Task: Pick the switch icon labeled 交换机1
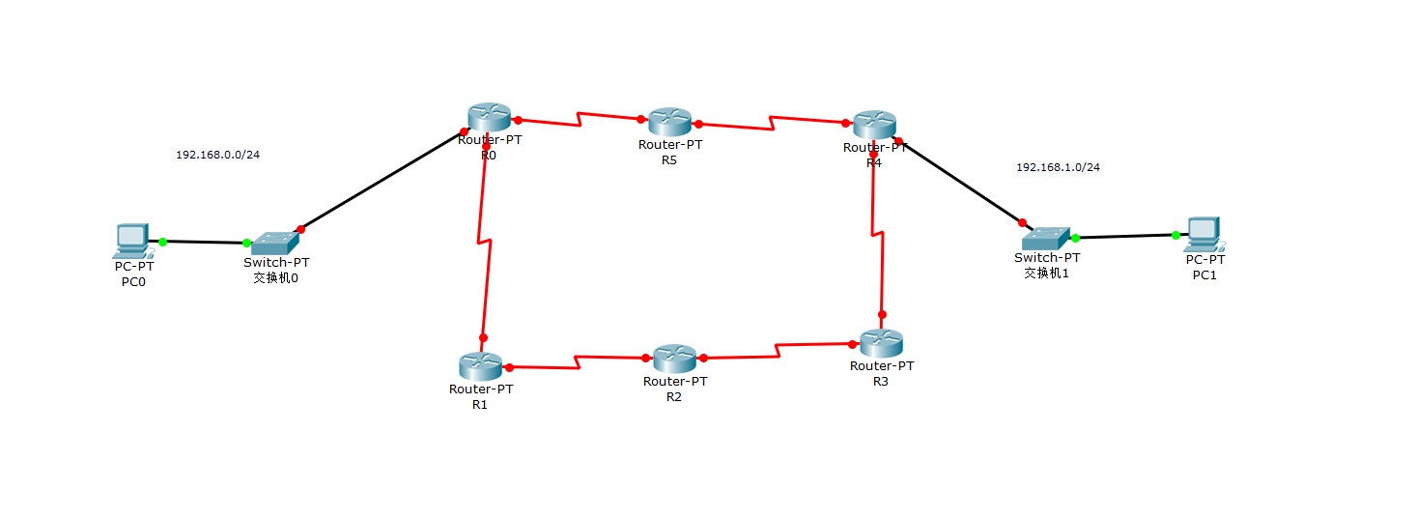(x=1047, y=236)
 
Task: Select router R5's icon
(x=669, y=122)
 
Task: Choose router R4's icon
(x=874, y=125)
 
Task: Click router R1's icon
(x=480, y=365)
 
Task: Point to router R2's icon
(x=674, y=359)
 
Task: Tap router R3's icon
(x=881, y=343)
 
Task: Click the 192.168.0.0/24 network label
(x=217, y=155)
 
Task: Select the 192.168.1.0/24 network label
(x=1058, y=167)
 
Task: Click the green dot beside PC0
(x=162, y=242)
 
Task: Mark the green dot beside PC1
(x=1175, y=235)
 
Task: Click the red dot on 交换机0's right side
(x=300, y=229)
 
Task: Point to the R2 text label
(x=674, y=396)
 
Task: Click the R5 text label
(x=669, y=160)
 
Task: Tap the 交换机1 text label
(x=1046, y=273)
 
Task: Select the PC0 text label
(x=133, y=282)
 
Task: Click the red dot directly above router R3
(x=882, y=315)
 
